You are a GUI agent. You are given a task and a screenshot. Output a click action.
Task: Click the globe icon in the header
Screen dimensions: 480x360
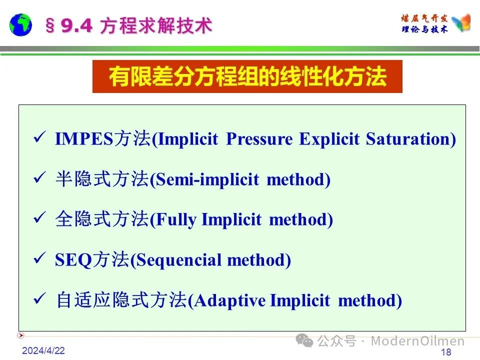coord(20,25)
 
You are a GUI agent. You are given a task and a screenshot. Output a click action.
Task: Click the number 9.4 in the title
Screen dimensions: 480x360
coord(76,25)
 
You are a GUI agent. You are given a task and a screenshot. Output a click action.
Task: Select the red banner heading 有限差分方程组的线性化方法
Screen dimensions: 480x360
coord(247,76)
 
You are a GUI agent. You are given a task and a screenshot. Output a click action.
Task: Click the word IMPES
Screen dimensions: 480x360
coord(84,138)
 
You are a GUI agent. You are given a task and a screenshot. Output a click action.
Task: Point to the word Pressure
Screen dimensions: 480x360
coord(259,139)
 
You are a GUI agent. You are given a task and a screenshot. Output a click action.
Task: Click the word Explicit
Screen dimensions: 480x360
coord(329,139)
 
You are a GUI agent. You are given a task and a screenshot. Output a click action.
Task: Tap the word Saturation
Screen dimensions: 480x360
coord(408,139)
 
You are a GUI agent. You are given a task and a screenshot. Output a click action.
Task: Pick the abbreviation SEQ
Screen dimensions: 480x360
coord(73,260)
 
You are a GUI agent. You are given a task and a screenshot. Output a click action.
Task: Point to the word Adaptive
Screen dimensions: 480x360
coord(230,300)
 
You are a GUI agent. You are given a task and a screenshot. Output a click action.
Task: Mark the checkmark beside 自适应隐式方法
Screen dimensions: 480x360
coord(40,298)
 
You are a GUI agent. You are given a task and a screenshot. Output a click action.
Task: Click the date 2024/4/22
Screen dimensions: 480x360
coord(43,350)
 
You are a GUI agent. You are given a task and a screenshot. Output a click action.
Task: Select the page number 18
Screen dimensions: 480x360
coord(446,352)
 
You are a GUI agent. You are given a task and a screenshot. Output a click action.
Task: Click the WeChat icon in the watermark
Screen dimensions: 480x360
coord(304,340)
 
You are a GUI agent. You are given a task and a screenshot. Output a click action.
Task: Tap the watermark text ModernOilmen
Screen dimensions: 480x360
coord(417,340)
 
